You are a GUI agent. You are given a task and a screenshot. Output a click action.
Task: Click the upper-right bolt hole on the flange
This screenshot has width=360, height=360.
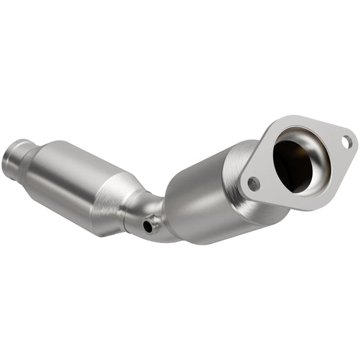tap(346, 143)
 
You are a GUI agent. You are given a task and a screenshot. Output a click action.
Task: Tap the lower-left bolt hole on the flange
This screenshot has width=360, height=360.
tap(253, 183)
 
